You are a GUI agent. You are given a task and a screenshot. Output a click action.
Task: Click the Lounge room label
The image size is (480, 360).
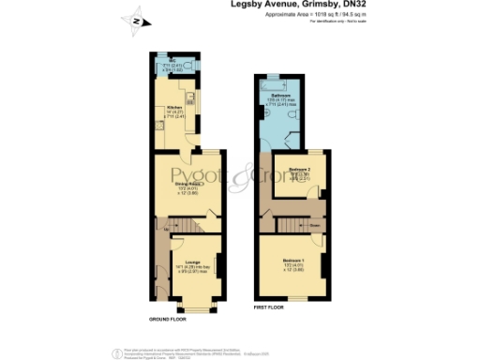(192, 261)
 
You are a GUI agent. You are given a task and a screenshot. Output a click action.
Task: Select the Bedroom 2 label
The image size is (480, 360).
(300, 169)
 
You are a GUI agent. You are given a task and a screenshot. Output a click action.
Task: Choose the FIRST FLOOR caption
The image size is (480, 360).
(269, 307)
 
